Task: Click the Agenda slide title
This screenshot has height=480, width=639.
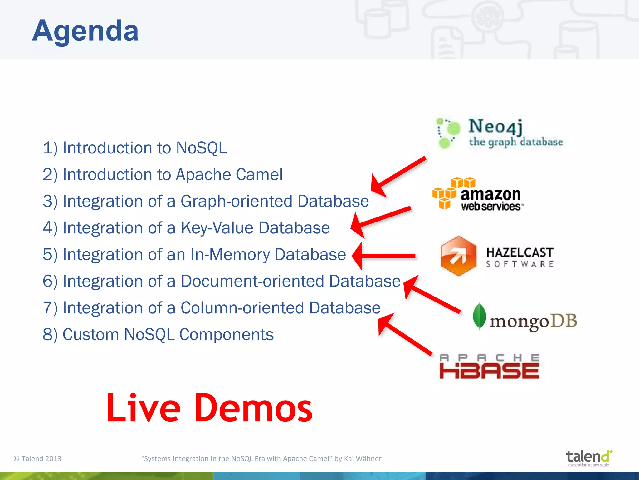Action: (85, 31)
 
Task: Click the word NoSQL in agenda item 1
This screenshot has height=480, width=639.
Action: (201, 148)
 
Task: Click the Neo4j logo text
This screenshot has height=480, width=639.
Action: (495, 127)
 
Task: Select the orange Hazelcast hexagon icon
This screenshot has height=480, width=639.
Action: (458, 256)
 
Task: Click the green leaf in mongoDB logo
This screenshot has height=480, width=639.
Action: (479, 316)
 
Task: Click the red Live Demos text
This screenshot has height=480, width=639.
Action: (209, 408)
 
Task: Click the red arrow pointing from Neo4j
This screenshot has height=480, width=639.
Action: (398, 177)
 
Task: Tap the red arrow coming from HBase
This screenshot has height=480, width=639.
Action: (404, 334)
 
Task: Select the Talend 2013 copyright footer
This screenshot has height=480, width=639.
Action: (37, 458)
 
